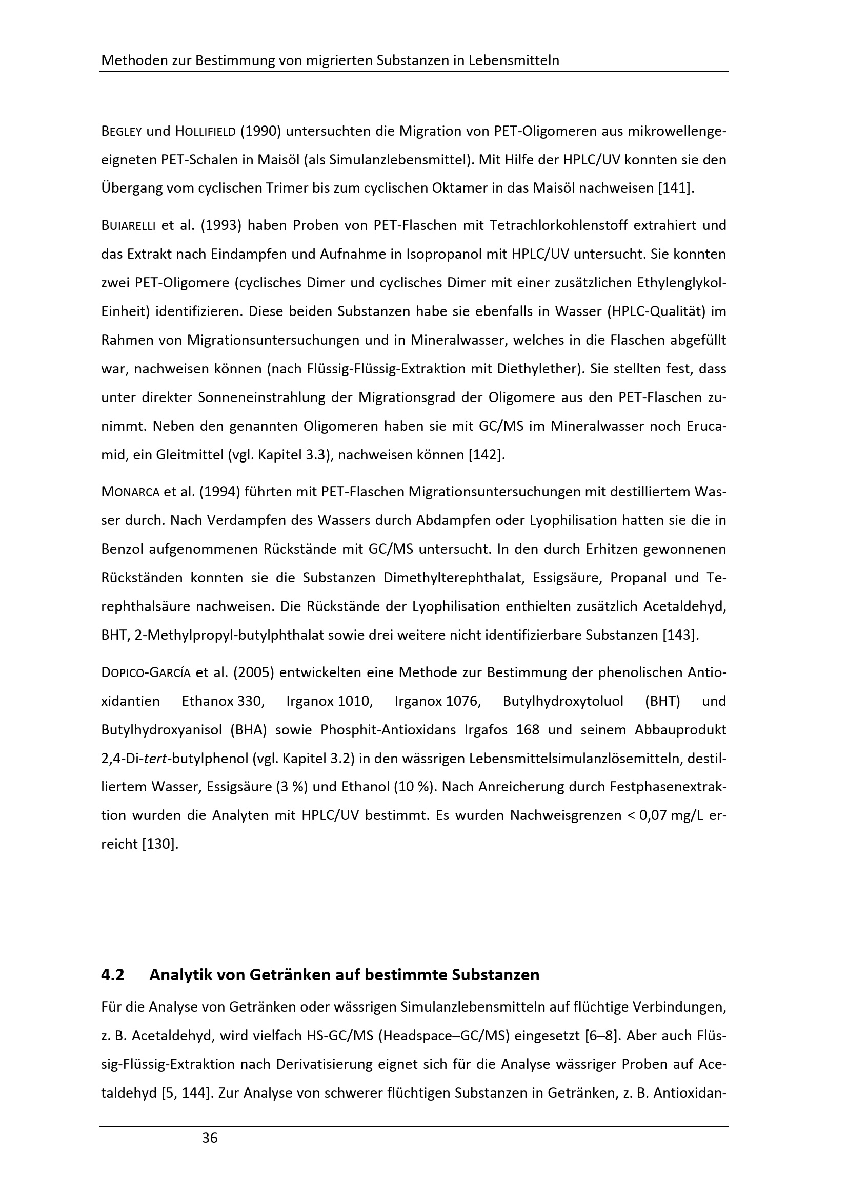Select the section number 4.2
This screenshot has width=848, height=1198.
(x=113, y=975)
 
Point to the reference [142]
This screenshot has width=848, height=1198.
(x=487, y=454)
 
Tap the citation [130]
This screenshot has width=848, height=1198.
(x=160, y=844)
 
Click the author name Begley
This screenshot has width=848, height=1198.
(x=121, y=131)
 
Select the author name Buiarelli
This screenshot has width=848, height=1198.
(x=129, y=226)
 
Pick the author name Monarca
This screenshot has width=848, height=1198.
(x=130, y=492)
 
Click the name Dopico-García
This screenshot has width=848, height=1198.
(x=146, y=672)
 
